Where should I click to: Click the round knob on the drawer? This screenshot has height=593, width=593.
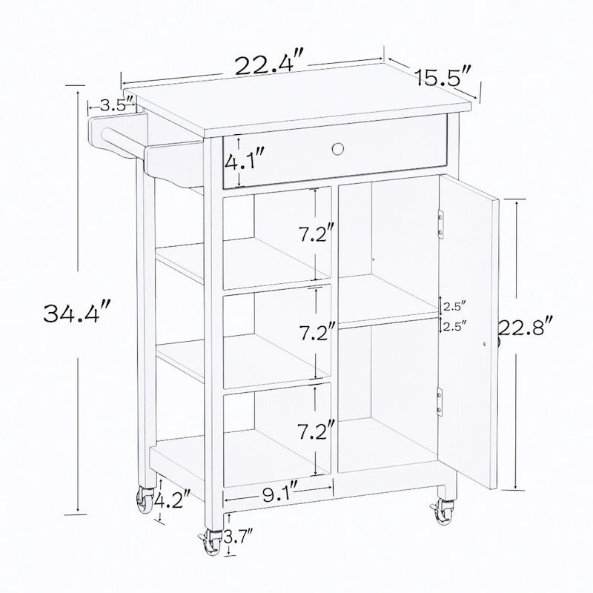[x=339, y=148]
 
